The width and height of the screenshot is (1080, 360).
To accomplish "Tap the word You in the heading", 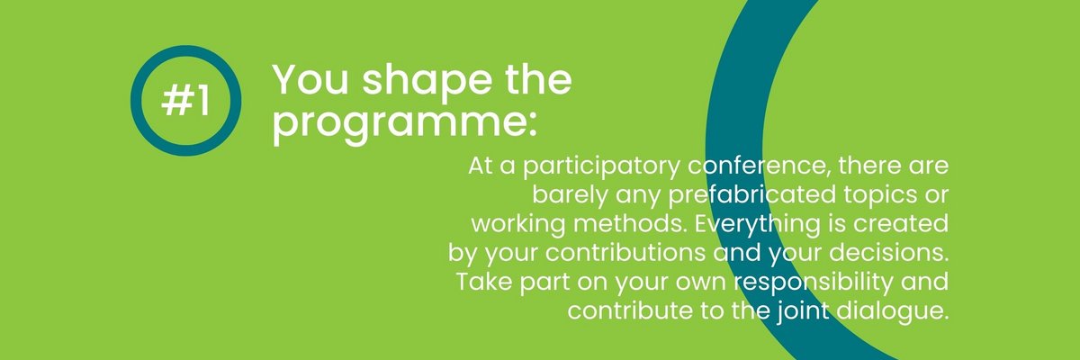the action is (310, 80).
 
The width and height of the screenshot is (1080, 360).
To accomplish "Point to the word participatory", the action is (602, 167).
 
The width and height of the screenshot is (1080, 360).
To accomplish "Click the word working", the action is (517, 226).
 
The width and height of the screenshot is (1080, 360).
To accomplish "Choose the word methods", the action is (629, 224).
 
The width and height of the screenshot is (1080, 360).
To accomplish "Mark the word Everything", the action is (757, 226).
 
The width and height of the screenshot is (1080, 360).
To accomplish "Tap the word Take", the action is (484, 282).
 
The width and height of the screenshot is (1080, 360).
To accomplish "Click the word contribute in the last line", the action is (630, 310).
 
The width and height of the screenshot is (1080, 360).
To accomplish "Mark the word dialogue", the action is (893, 312).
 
